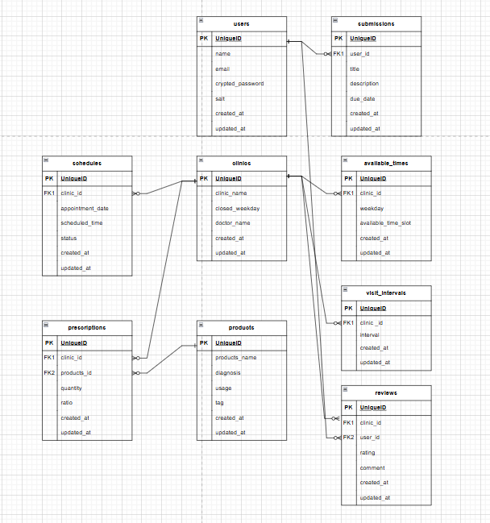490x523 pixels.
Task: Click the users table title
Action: tap(241, 24)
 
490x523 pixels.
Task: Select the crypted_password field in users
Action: tap(239, 84)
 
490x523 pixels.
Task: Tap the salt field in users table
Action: tap(220, 98)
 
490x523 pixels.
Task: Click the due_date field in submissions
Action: tap(363, 98)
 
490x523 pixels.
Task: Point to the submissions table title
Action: tap(376, 24)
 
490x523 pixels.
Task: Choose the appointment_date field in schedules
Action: tap(85, 208)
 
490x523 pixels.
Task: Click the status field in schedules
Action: tap(69, 238)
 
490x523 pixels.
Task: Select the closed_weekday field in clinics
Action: tap(237, 208)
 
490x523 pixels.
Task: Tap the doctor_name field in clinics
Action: tap(233, 222)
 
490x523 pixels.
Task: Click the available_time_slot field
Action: tap(385, 223)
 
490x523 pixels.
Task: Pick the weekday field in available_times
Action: tap(372, 208)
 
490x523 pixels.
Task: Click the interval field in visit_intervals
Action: tap(369, 335)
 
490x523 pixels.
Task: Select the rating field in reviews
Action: tap(367, 453)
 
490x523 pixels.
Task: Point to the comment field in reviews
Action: tap(372, 467)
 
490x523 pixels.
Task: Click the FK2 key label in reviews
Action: tap(348, 438)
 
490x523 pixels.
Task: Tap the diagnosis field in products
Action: tap(229, 373)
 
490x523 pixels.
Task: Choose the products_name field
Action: tap(236, 358)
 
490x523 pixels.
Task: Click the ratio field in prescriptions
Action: tap(66, 403)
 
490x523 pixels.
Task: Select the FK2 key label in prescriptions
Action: tap(49, 373)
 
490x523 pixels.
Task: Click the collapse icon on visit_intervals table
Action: tap(346, 291)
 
